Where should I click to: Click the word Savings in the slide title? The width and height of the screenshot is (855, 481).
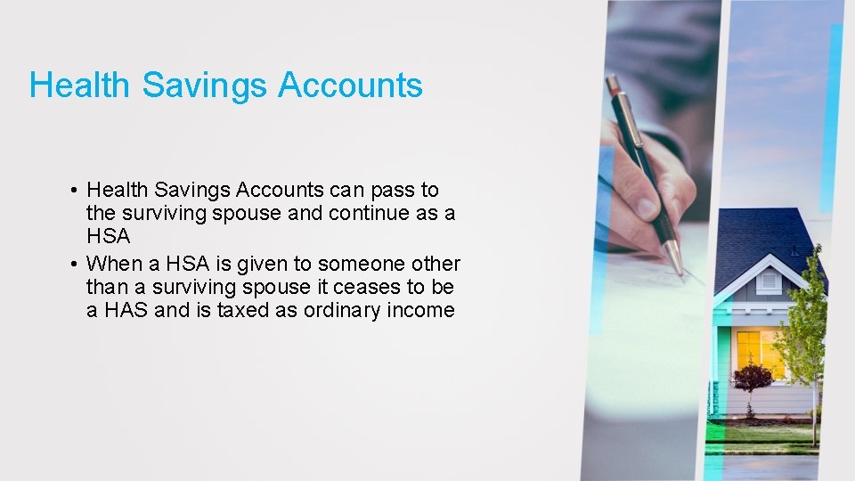(x=205, y=86)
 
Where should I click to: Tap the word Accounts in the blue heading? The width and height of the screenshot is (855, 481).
(x=350, y=86)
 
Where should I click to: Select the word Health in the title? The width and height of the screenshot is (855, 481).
(x=81, y=86)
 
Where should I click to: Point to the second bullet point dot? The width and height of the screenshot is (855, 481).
(x=74, y=265)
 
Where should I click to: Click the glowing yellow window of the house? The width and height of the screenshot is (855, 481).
(x=759, y=352)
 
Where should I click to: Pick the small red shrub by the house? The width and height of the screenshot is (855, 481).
(x=751, y=378)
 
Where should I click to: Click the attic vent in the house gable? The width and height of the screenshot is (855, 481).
(x=769, y=281)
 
